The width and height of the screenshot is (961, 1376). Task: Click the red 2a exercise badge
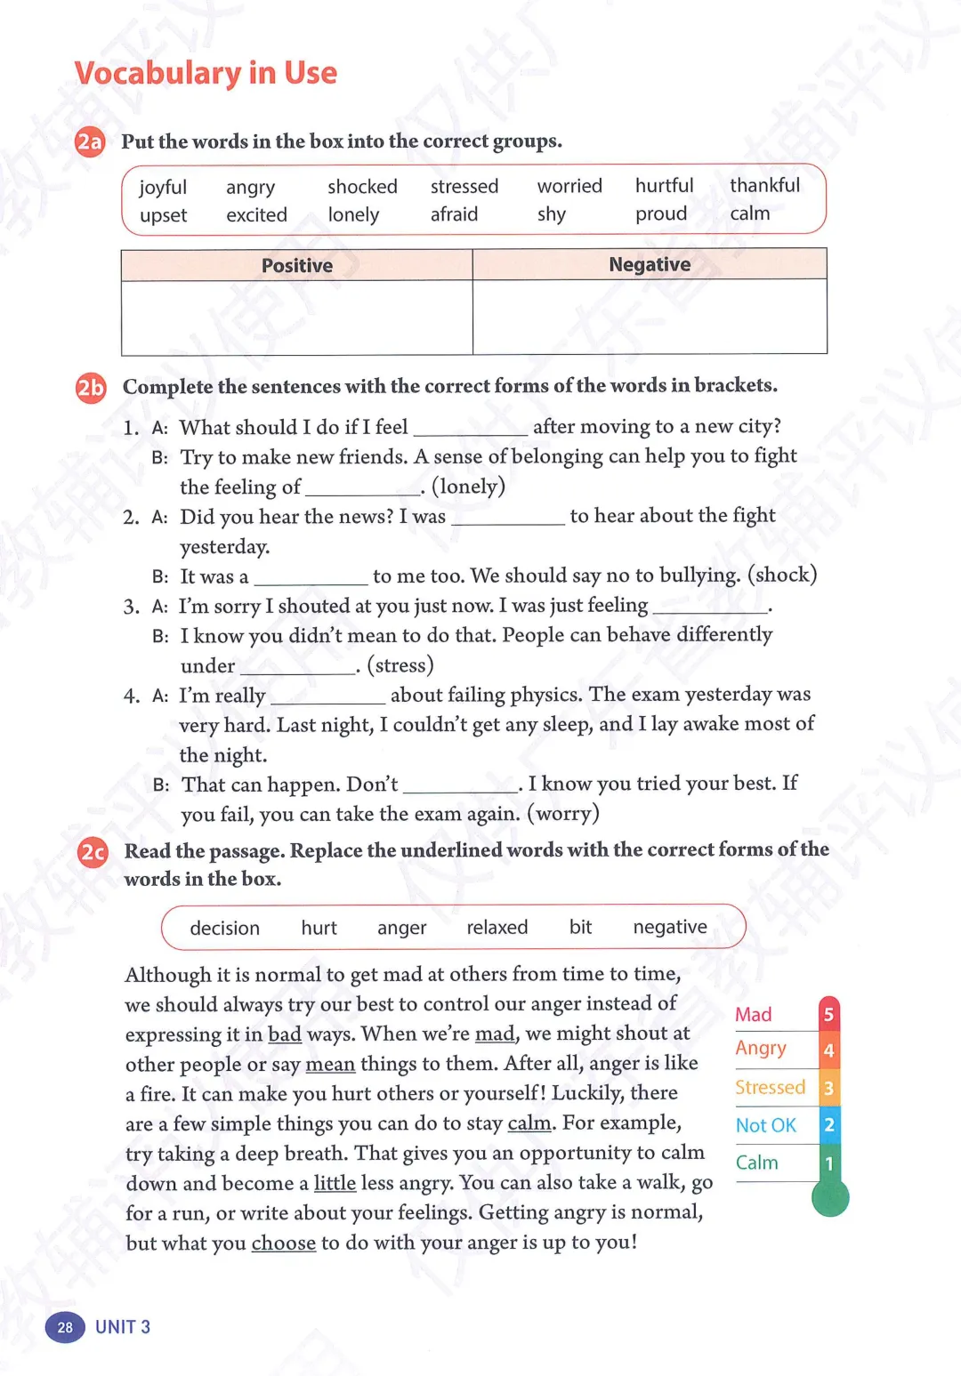[x=90, y=141]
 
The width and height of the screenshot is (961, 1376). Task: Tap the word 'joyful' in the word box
[x=163, y=188]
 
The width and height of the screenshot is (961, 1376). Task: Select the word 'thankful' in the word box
[x=764, y=185]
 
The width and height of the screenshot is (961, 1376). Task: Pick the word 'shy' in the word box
[x=552, y=214]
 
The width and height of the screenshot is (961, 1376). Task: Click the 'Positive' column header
[x=297, y=265]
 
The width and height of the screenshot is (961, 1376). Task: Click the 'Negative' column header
[x=650, y=264]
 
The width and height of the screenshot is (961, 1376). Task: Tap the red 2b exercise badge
[x=91, y=387]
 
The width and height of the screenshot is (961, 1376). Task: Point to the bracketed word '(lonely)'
[x=468, y=486]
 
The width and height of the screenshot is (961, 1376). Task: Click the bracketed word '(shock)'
[x=782, y=575]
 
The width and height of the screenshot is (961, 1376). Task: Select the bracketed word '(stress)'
[x=400, y=664]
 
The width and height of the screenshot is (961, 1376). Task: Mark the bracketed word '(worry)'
[x=563, y=813]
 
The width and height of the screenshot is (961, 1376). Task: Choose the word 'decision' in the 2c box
[x=224, y=928]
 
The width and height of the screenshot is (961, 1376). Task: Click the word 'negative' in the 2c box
[x=670, y=927]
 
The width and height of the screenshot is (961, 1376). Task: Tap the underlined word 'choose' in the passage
[x=283, y=1243]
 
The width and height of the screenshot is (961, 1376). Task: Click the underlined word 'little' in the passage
[x=335, y=1183]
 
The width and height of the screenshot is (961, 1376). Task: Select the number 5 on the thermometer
[x=828, y=1014]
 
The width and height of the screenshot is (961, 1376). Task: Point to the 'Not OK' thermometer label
[x=765, y=1125]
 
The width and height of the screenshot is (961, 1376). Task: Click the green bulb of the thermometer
[x=830, y=1198]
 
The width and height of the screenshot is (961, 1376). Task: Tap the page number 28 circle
[x=65, y=1327]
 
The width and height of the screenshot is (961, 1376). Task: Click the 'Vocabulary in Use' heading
[x=206, y=73]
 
